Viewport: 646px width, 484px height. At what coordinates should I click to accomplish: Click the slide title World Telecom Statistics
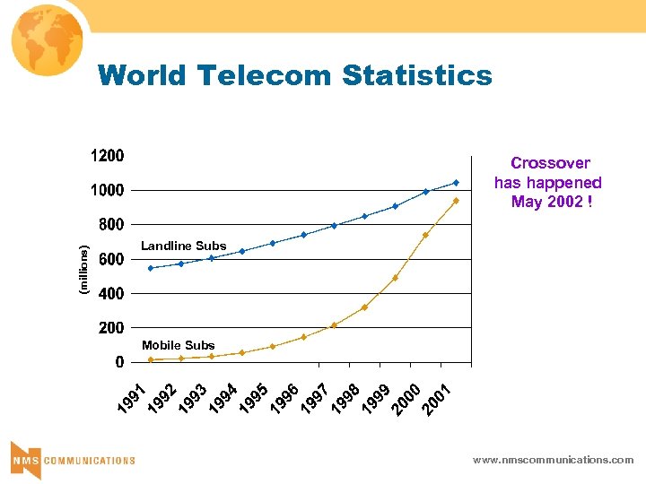pyautogui.click(x=295, y=75)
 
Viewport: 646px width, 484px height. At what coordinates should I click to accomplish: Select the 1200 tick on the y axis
pyautogui.click(x=107, y=156)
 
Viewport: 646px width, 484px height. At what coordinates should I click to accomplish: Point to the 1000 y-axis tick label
pyautogui.click(x=107, y=190)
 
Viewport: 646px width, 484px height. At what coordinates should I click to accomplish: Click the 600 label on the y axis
pyautogui.click(x=111, y=259)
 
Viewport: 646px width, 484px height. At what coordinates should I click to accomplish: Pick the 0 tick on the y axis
pyautogui.click(x=118, y=362)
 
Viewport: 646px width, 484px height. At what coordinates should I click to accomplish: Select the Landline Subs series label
pyautogui.click(x=183, y=246)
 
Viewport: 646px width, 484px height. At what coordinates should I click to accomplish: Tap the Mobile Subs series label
pyautogui.click(x=178, y=345)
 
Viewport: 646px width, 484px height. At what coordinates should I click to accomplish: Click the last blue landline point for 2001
pyautogui.click(x=456, y=183)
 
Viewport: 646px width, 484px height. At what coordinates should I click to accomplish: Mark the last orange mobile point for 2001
pyautogui.click(x=456, y=201)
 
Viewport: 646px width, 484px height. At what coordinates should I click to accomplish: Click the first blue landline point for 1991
pyautogui.click(x=151, y=268)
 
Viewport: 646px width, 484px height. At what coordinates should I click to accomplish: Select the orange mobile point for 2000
pyautogui.click(x=425, y=235)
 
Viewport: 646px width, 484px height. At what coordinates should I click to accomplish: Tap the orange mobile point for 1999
pyautogui.click(x=395, y=278)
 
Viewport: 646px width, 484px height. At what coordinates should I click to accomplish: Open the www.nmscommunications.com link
pyautogui.click(x=554, y=460)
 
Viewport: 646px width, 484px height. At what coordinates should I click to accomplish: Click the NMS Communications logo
pyautogui.click(x=73, y=459)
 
